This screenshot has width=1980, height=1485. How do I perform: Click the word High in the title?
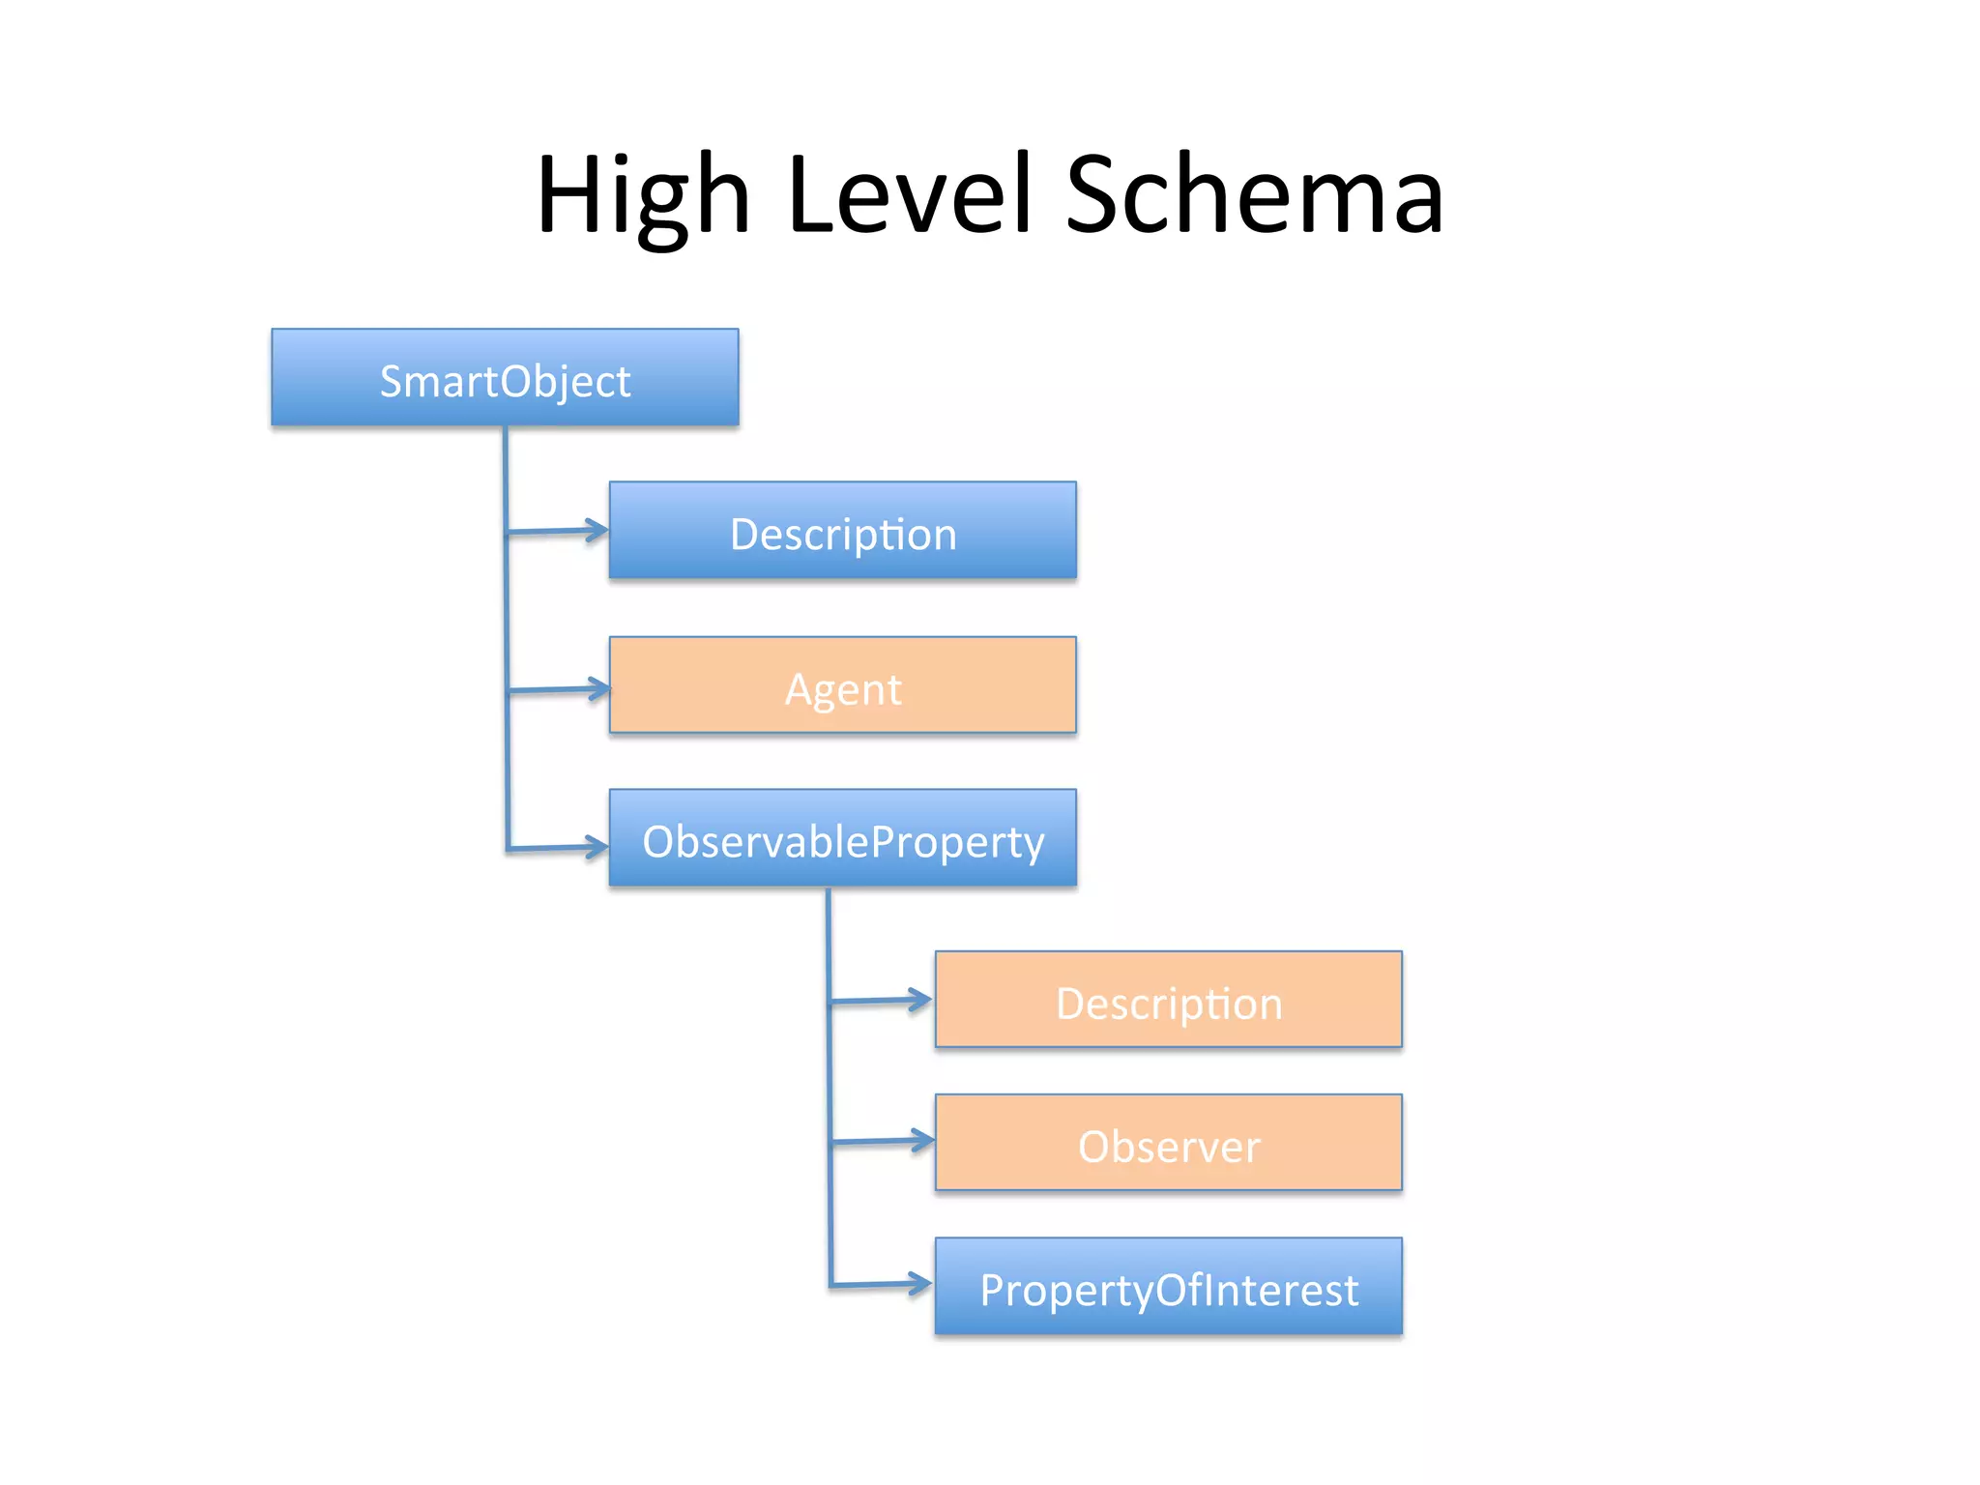coord(643,196)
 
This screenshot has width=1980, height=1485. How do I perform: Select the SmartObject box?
coord(505,377)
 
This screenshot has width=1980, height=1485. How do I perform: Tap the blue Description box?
coord(842,530)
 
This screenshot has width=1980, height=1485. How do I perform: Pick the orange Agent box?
coord(842,684)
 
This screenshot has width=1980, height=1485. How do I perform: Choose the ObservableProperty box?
coord(842,837)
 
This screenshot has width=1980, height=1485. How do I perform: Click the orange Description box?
coord(1168,999)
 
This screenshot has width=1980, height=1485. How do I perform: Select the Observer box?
coord(1168,1142)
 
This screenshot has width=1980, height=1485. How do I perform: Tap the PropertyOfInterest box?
coord(1168,1286)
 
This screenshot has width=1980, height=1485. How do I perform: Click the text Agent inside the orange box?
coord(842,689)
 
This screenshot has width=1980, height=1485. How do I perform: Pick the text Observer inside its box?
coord(1168,1147)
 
